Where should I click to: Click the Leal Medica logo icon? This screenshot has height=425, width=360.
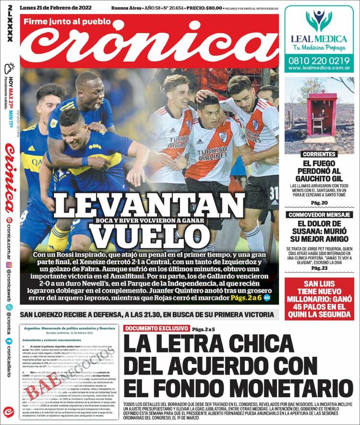[x=319, y=20]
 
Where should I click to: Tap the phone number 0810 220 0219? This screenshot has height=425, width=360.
[x=319, y=61]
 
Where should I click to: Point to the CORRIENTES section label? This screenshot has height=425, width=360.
[x=319, y=155]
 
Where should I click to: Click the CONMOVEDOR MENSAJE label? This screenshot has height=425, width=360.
[x=319, y=215]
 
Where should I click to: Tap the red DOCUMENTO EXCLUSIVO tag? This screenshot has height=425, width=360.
[x=156, y=328]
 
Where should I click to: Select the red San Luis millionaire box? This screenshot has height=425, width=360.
[x=319, y=299]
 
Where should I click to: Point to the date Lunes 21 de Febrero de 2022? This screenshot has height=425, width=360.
[x=57, y=8]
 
